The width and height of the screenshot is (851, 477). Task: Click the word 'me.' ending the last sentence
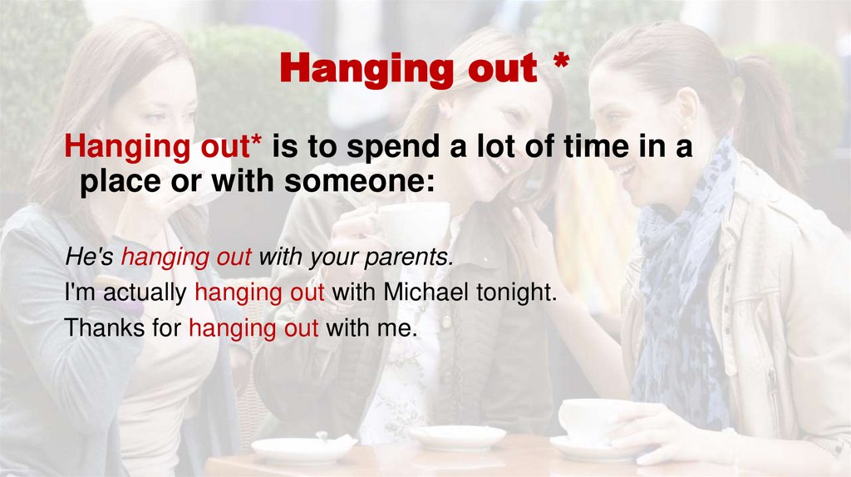click(396, 327)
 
